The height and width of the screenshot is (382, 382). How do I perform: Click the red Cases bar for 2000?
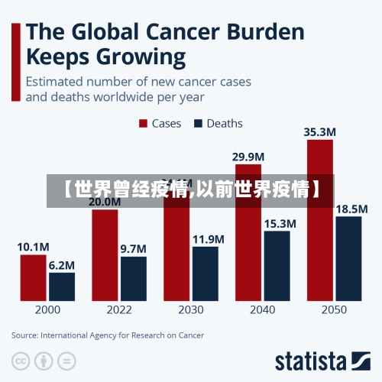coord(33,277)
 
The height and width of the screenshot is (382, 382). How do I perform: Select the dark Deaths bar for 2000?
coord(62,286)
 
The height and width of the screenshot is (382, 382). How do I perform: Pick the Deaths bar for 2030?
coord(205,273)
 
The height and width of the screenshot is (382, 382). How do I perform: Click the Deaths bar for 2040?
coord(277,264)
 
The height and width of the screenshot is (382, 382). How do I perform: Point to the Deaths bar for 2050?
coord(348,257)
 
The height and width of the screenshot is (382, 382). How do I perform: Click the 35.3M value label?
coord(319,131)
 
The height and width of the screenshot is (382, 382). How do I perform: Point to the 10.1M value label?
coord(33,247)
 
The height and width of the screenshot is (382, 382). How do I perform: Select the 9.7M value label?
coord(134,248)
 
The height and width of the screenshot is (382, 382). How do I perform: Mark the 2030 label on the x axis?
coord(190,309)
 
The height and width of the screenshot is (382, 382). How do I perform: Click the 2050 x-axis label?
coord(333,309)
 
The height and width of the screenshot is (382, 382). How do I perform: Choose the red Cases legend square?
coord(142,123)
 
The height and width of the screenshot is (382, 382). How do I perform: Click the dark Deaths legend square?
coord(199,123)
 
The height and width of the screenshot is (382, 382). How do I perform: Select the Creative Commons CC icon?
coord(21,360)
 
